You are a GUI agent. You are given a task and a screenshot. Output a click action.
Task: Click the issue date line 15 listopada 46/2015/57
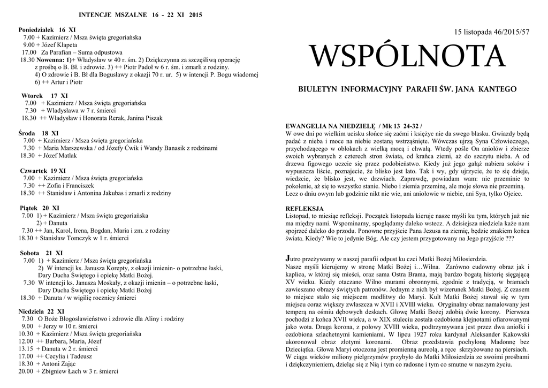pos(491,33)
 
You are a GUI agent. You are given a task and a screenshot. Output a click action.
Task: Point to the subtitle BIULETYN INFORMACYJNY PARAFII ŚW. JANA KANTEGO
pos(407,89)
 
